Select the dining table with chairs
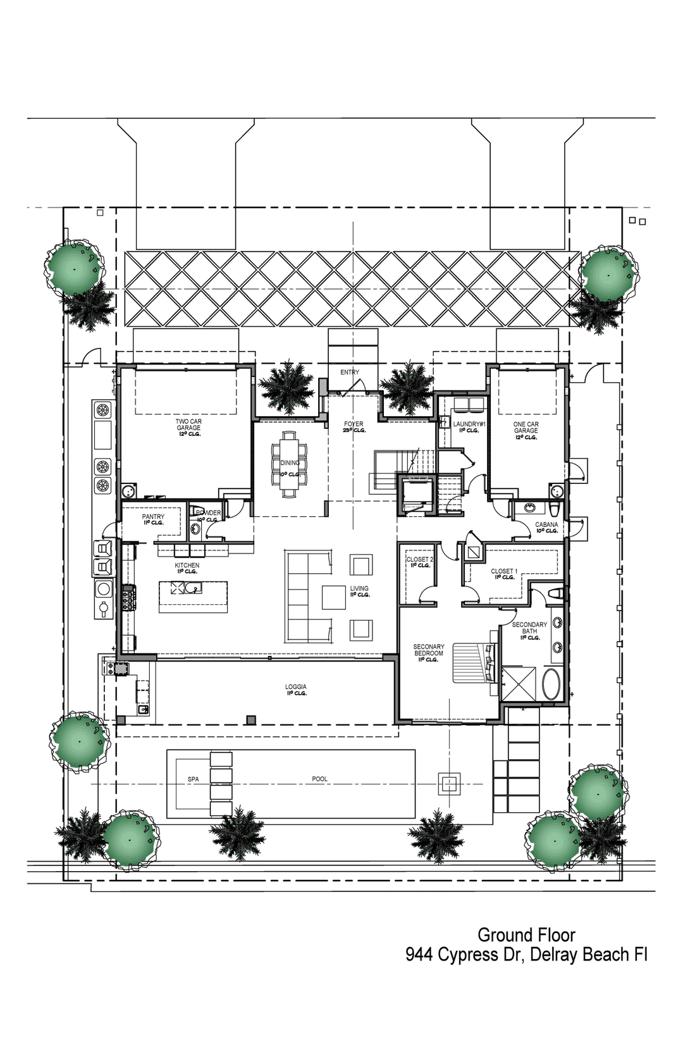pyautogui.click(x=290, y=464)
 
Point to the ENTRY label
pyautogui.click(x=349, y=372)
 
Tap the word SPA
pyautogui.click(x=193, y=779)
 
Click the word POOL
pyautogui.click(x=319, y=779)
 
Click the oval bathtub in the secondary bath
pyautogui.click(x=551, y=684)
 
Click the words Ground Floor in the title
pyautogui.click(x=526, y=935)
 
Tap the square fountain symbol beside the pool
pyautogui.click(x=449, y=784)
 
